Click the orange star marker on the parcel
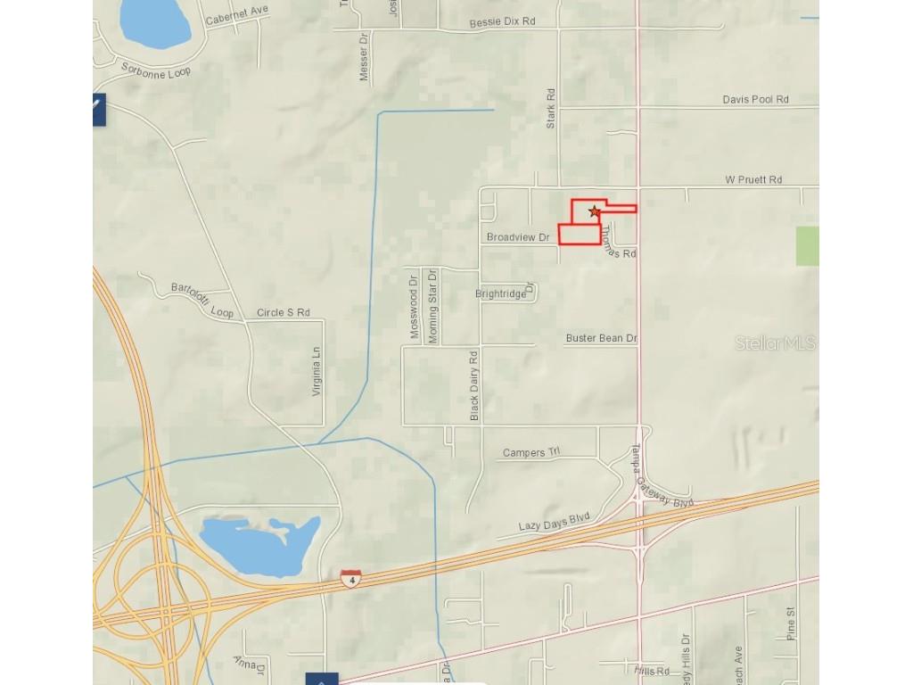pyautogui.click(x=595, y=211)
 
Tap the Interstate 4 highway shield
pyautogui.click(x=350, y=578)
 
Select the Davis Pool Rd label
pyautogui.click(x=755, y=100)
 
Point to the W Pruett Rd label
pyautogui.click(x=753, y=179)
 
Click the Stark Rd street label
pyautogui.click(x=551, y=107)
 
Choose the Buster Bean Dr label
pyautogui.click(x=602, y=339)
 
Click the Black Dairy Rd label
pyautogui.click(x=474, y=385)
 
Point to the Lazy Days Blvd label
pyautogui.click(x=555, y=521)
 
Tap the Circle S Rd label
pyautogui.click(x=283, y=313)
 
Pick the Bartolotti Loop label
pyautogui.click(x=202, y=300)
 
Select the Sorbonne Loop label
pyautogui.click(x=156, y=70)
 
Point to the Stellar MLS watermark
pyautogui.click(x=775, y=343)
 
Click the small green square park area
pyautogui.click(x=807, y=246)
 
